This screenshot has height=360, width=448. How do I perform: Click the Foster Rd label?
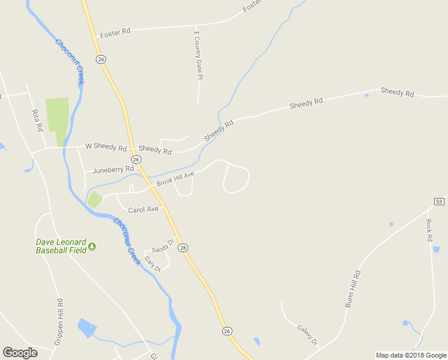[116, 31]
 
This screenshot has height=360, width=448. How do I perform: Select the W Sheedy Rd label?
[106, 146]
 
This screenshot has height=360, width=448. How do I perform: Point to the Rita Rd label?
[37, 120]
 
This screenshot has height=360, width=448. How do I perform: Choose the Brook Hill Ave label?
[175, 178]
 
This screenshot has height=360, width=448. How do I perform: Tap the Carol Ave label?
[143, 209]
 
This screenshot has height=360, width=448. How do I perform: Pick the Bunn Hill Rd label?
[353, 289]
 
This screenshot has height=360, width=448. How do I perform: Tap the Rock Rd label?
[429, 230]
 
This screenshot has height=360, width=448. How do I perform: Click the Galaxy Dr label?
[307, 335]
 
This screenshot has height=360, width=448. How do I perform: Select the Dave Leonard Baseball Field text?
[60, 246]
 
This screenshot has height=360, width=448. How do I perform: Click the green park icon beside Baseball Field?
[92, 246]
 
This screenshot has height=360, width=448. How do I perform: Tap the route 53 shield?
[439, 202]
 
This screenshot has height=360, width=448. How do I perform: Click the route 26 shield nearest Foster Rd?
[101, 59]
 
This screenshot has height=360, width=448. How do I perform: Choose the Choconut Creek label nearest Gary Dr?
[126, 242]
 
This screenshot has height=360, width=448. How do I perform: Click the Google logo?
[20, 353]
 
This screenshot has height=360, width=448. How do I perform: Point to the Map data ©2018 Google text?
[411, 355]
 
